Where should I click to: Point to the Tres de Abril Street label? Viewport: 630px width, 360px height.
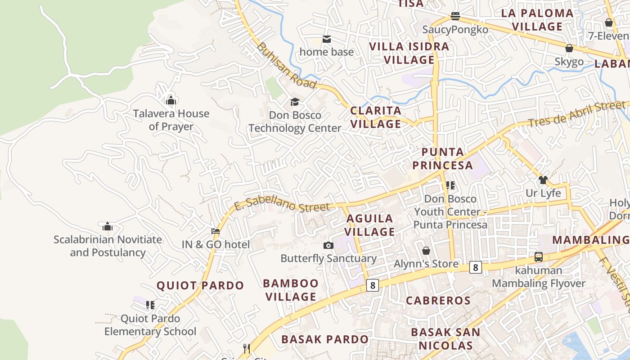[x=577, y=114]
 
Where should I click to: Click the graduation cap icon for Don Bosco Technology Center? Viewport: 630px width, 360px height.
[x=295, y=102]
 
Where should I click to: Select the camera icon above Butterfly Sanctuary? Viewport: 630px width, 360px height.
[x=328, y=245]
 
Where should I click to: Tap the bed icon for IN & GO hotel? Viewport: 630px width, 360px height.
[x=216, y=231]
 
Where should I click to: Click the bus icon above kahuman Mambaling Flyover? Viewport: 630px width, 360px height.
[x=539, y=257]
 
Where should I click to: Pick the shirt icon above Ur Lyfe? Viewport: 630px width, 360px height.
[x=543, y=180]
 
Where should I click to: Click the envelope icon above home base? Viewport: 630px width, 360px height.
[x=327, y=39]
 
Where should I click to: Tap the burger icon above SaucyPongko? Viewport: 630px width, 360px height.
[x=455, y=17]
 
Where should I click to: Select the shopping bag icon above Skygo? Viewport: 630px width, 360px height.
[x=569, y=48]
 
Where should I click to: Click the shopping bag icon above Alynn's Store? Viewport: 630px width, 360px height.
[x=426, y=251]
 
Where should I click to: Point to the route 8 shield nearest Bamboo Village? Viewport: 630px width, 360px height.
[x=372, y=285]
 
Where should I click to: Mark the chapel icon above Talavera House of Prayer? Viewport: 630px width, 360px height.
[x=171, y=100]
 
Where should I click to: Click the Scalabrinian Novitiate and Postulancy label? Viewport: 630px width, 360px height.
[x=108, y=246]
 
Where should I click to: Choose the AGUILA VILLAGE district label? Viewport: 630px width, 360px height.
[x=370, y=225]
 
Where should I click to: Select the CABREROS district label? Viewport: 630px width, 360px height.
[x=438, y=301]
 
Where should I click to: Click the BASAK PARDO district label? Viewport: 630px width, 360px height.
[x=325, y=339]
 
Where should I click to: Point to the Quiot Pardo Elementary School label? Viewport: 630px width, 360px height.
[x=150, y=325]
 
